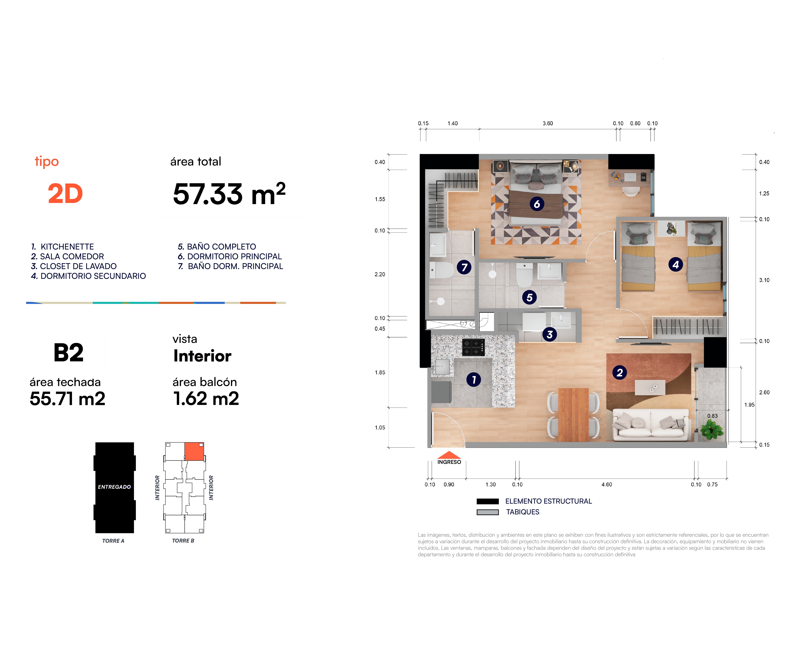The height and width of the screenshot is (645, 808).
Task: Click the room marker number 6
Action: coord(537,204)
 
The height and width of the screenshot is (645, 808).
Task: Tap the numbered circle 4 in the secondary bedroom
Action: coord(676,265)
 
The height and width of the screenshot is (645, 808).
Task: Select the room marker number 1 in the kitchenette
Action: coord(474,380)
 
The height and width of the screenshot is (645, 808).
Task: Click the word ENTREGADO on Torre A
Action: coord(114,487)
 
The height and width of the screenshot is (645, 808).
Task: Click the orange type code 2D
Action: coord(65,194)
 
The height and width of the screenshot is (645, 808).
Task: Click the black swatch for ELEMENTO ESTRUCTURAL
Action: coord(488,502)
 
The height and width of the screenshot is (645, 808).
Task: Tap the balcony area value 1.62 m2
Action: coord(206,398)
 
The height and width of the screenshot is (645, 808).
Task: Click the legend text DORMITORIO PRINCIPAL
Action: coord(235,256)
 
